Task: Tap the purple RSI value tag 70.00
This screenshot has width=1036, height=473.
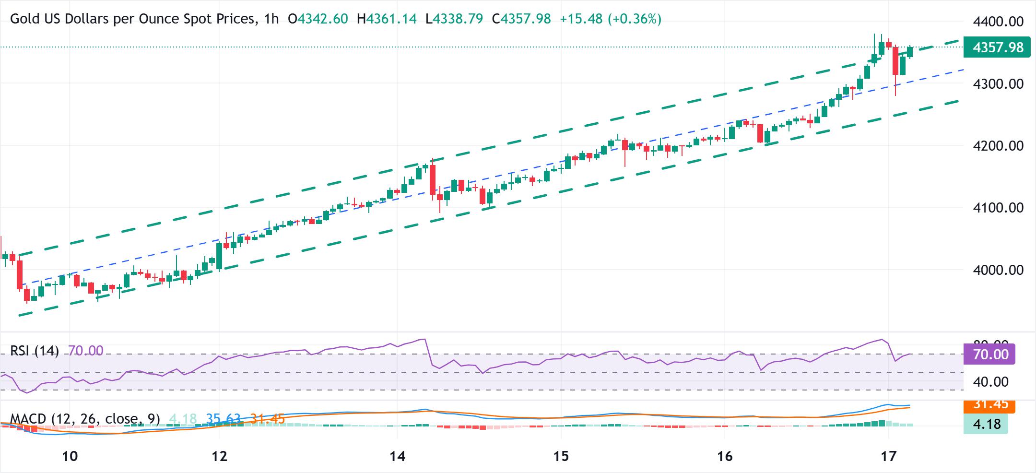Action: (x=989, y=355)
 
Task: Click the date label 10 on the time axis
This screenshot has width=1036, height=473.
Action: (x=70, y=456)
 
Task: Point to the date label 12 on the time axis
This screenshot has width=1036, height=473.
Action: (x=220, y=456)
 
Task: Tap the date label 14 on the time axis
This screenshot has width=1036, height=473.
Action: (x=398, y=456)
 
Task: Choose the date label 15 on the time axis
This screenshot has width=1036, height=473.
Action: (x=561, y=456)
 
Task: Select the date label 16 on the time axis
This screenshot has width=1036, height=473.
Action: (x=725, y=456)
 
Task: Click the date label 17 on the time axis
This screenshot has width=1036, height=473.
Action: (x=888, y=456)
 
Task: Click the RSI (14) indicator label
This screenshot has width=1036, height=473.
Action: (x=35, y=351)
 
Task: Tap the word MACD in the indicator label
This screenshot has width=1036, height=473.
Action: (x=27, y=419)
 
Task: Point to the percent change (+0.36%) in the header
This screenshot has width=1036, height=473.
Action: (x=635, y=19)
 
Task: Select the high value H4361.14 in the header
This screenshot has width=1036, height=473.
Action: (x=387, y=19)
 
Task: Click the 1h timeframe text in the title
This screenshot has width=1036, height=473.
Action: (x=271, y=19)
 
